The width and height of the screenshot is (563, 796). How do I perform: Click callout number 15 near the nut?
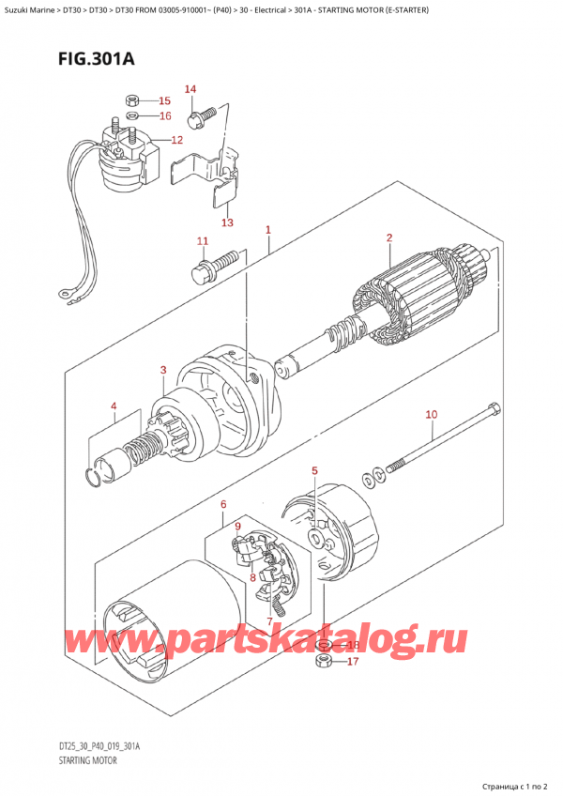tap(164, 100)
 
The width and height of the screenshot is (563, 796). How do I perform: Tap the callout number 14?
tap(190, 89)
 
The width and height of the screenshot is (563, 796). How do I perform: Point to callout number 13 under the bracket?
tap(226, 222)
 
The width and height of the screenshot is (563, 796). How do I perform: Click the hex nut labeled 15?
tap(132, 99)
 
